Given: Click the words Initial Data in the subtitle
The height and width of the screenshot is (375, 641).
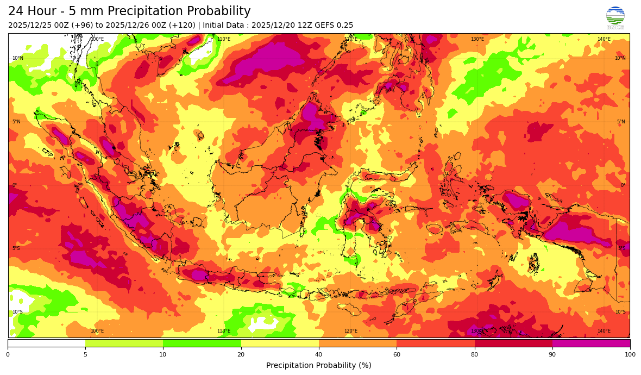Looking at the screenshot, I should pyautogui.click(x=224, y=26).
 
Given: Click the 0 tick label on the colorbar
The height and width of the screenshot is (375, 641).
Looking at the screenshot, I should pyautogui.click(x=8, y=355).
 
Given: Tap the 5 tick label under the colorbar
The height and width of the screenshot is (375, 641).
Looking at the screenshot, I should pyautogui.click(x=85, y=355).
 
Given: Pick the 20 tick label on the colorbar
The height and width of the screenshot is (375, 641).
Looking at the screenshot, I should pyautogui.click(x=241, y=355).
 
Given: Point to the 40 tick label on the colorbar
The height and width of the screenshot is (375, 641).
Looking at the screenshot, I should pyautogui.click(x=319, y=355).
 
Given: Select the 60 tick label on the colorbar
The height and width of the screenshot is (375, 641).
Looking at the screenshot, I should pyautogui.click(x=397, y=355).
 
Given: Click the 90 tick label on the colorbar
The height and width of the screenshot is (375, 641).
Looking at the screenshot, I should pyautogui.click(x=552, y=355).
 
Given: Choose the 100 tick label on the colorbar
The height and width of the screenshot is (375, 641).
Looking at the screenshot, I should pyautogui.click(x=630, y=355).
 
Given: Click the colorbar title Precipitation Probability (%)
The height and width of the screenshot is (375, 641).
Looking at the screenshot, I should pyautogui.click(x=319, y=366).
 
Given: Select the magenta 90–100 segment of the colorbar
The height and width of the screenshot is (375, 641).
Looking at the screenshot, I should pyautogui.click(x=591, y=343).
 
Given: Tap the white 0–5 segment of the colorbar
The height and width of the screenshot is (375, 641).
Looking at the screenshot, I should pyautogui.click(x=46, y=343).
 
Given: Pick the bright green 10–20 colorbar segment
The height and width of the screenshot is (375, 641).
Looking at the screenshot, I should pyautogui.click(x=202, y=343).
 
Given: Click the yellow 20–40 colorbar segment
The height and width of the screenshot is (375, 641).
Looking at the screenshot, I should pyautogui.click(x=280, y=343).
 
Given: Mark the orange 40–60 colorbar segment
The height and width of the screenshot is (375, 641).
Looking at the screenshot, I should pyautogui.click(x=357, y=343).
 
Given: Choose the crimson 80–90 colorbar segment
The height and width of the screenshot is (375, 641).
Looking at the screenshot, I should pyautogui.click(x=513, y=343).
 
